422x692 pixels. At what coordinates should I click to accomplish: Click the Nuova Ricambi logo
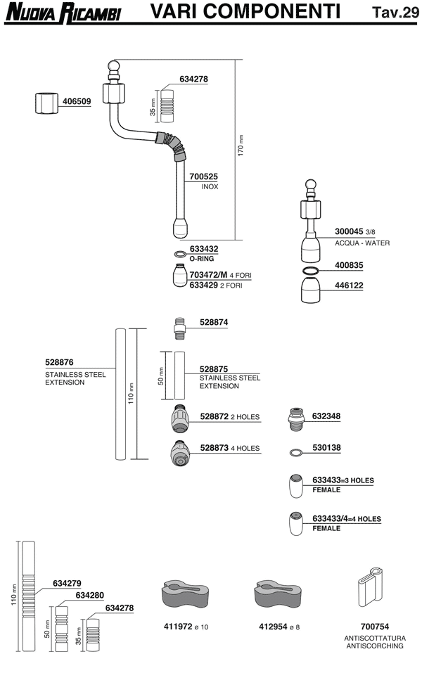pyautogui.click(x=61, y=12)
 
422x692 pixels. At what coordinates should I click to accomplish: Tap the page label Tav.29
pyautogui.click(x=395, y=12)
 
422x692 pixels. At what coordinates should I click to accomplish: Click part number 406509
pyautogui.click(x=77, y=101)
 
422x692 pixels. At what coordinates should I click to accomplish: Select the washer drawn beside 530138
pyautogui.click(x=297, y=450)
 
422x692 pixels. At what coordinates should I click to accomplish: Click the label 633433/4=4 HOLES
pyautogui.click(x=346, y=519)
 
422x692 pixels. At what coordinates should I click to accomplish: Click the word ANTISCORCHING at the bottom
pyautogui.click(x=373, y=646)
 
